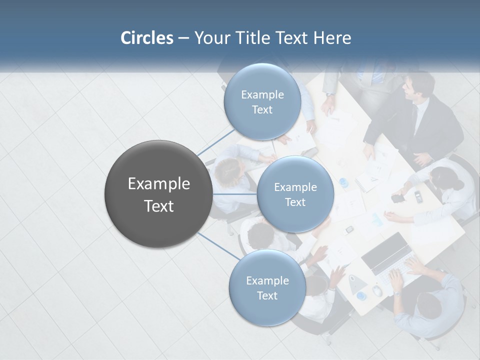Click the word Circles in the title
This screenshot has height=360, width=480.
pyautogui.click(x=146, y=38)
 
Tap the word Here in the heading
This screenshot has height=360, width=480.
pyautogui.click(x=332, y=38)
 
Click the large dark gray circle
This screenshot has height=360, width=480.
pyautogui.click(x=158, y=194)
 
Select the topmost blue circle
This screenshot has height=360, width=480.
pyautogui.click(x=262, y=102)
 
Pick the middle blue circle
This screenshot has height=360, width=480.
pyautogui.click(x=295, y=194)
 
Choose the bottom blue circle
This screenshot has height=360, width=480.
pyautogui.click(x=267, y=288)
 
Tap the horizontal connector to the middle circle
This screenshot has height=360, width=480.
pyautogui.click(x=235, y=194)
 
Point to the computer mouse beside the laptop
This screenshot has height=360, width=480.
pyautogui.click(x=377, y=291)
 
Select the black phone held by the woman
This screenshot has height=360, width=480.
pyautogui.click(x=398, y=198)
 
